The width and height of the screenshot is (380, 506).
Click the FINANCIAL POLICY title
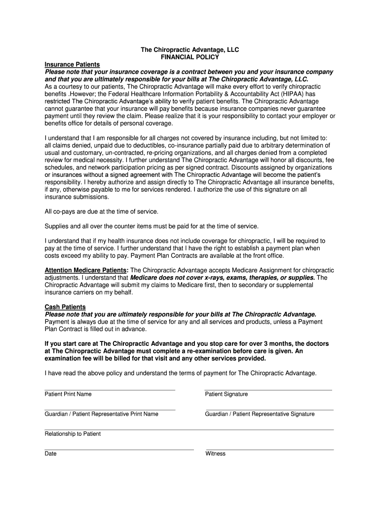tap(190, 57)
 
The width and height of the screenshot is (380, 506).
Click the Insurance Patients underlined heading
tap(72, 65)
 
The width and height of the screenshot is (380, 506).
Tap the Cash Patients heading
tap(65, 307)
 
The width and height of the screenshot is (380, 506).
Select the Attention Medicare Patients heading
tap(86, 270)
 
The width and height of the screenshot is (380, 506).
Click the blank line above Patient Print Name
tap(110, 390)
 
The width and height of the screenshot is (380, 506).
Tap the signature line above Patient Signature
tap(268, 390)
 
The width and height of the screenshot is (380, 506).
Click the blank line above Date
tap(119, 450)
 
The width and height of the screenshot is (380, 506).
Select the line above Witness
tap(269, 450)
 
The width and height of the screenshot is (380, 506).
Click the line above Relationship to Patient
tap(189, 430)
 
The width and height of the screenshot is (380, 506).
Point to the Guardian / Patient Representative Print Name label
tap(101, 414)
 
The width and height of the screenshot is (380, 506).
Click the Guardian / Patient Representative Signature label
tap(260, 414)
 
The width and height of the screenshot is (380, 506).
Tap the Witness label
tap(215, 454)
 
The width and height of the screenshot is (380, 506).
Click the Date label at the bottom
tap(51, 454)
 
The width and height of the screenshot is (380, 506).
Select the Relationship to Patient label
tap(73, 434)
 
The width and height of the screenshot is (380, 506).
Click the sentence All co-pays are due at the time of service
tap(102, 211)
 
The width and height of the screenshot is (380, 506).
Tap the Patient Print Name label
tap(68, 394)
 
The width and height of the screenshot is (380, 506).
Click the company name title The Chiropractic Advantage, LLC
tap(190, 50)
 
